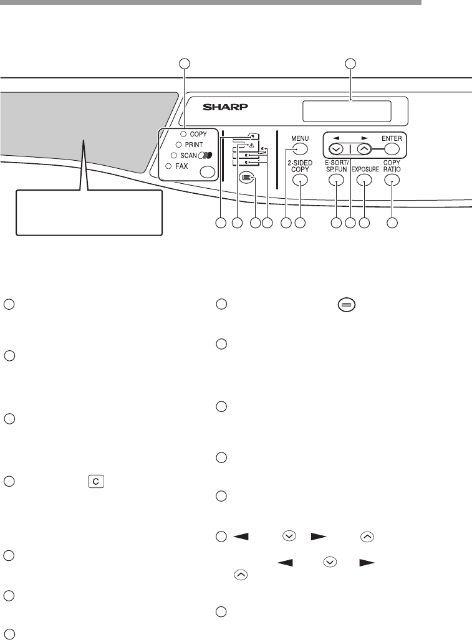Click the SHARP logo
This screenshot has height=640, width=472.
[226, 107]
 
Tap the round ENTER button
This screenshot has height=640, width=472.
[391, 149]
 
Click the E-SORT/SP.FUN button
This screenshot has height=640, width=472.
[336, 181]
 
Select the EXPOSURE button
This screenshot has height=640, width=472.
[364, 181]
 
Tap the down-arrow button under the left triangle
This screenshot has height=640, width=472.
[336, 150]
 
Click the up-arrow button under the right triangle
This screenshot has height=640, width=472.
[365, 150]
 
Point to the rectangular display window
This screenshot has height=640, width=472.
[347, 112]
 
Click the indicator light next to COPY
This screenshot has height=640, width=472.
[184, 133]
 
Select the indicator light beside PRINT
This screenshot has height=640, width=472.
[178, 144]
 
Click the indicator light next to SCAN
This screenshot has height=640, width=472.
[174, 155]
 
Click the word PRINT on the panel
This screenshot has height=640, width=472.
[198, 144]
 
